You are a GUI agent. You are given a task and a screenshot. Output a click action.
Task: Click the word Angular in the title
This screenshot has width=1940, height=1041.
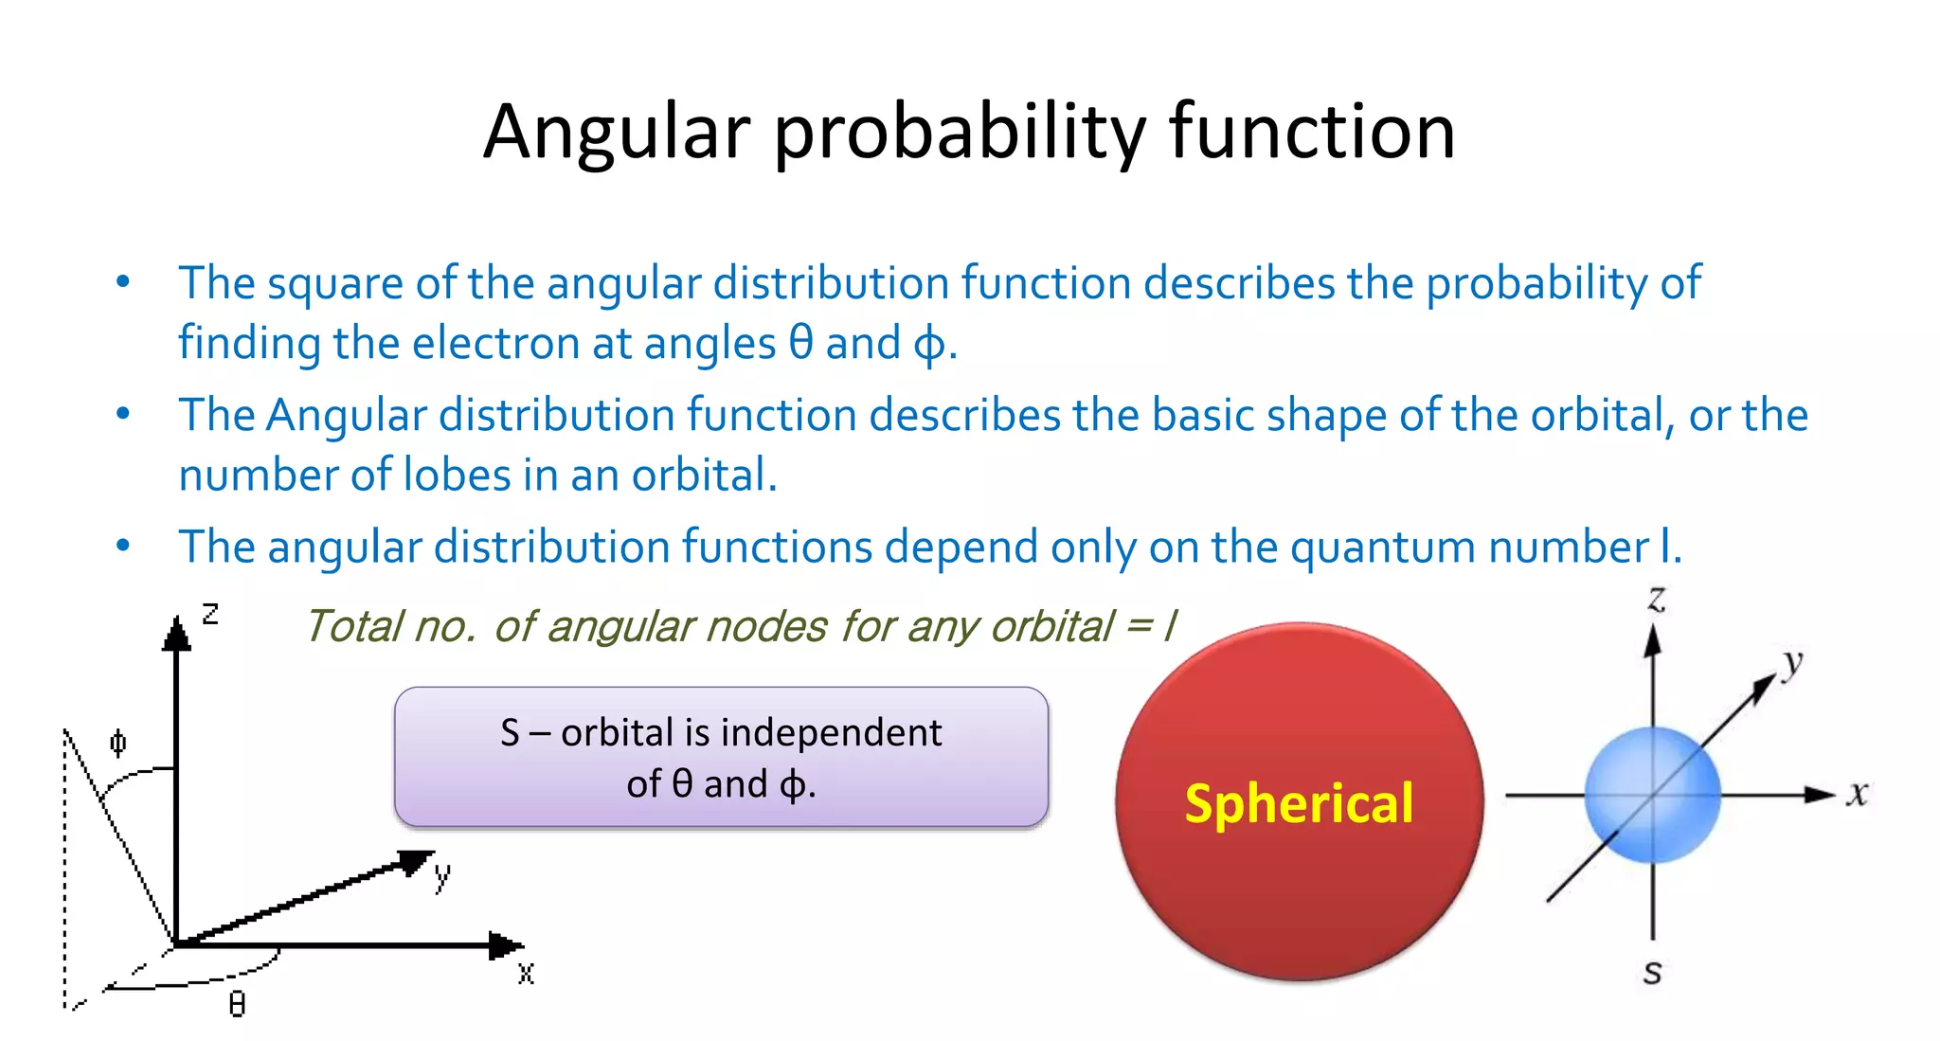pyautogui.click(x=617, y=132)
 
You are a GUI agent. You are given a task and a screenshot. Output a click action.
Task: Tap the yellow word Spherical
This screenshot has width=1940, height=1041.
pyautogui.click(x=1299, y=804)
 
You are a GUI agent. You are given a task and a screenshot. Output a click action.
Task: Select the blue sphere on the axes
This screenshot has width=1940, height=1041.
pyautogui.click(x=1652, y=795)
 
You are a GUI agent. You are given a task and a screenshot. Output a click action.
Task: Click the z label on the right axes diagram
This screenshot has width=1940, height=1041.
pyautogui.click(x=1656, y=599)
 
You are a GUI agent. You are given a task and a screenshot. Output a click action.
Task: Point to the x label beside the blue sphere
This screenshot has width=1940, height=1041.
pyautogui.click(x=1858, y=793)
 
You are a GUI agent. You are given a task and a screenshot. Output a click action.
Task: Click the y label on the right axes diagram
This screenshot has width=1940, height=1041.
pyautogui.click(x=1791, y=663)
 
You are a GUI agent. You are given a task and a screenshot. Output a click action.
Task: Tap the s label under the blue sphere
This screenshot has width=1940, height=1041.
pyautogui.click(x=1652, y=972)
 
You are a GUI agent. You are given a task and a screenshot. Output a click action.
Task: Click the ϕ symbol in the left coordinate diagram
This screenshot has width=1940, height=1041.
pyautogui.click(x=117, y=743)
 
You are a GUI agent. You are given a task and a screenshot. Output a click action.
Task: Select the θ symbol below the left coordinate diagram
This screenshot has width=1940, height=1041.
pyautogui.click(x=237, y=1004)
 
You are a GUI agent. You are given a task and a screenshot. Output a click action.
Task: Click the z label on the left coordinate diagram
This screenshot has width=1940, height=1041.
pyautogui.click(x=210, y=614)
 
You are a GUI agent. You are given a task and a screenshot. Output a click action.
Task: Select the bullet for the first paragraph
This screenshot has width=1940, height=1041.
pyautogui.click(x=122, y=282)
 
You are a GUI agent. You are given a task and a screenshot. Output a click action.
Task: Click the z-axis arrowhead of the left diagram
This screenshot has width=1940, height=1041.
pyautogui.click(x=176, y=634)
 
